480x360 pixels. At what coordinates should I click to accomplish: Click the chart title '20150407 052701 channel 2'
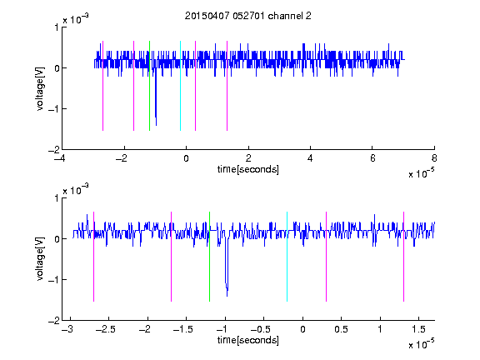pyautogui.click(x=248, y=16)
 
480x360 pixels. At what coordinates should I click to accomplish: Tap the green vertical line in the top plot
pyautogui.click(x=149, y=86)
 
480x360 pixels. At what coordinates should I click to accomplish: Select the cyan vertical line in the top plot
pyautogui.click(x=180, y=86)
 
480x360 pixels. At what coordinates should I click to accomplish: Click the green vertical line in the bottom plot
pyautogui.click(x=209, y=257)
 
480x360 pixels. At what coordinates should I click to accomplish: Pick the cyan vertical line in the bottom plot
pyautogui.click(x=287, y=257)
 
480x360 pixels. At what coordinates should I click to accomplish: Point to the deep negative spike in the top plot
pyautogui.click(x=156, y=98)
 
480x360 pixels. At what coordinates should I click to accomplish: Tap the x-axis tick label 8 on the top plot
pyautogui.click(x=434, y=158)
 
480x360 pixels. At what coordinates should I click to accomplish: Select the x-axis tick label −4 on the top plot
pyautogui.click(x=59, y=158)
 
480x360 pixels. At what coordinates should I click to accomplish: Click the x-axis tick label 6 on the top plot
pyautogui.click(x=372, y=158)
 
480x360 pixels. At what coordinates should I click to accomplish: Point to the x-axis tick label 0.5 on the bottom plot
pyautogui.click(x=341, y=329)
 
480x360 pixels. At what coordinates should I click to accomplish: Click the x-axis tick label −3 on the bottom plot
pyautogui.click(x=67, y=329)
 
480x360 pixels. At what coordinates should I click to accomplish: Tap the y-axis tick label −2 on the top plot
pyautogui.click(x=54, y=150)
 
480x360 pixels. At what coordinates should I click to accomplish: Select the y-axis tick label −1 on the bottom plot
pyautogui.click(x=54, y=280)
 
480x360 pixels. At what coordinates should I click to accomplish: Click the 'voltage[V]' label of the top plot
pyautogui.click(x=40, y=88)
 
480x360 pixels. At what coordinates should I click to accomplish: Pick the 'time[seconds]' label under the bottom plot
pyautogui.click(x=248, y=340)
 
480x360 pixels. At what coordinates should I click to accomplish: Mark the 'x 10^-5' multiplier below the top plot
pyautogui.click(x=421, y=173)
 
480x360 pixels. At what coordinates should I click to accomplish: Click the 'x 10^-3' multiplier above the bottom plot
pyautogui.click(x=76, y=190)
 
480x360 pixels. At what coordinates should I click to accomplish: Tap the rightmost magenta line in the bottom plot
pyautogui.click(x=403, y=257)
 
